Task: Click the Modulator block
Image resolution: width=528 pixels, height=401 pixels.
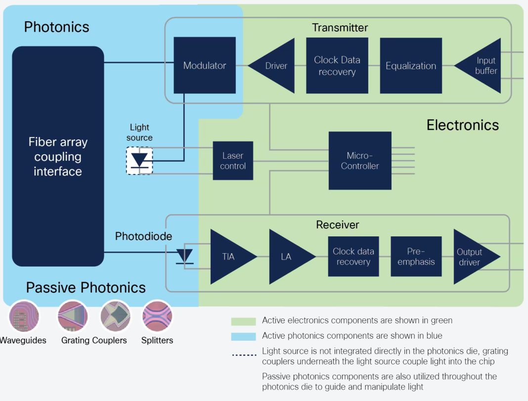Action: coord(204,65)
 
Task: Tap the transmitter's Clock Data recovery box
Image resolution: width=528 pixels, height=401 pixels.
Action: coord(337,66)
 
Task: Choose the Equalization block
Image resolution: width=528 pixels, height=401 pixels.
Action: coord(411,66)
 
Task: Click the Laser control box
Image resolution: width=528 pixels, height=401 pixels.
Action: coord(233,161)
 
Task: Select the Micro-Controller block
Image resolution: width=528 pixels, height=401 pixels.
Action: coord(359,161)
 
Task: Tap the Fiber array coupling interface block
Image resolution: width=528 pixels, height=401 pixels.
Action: coord(58,156)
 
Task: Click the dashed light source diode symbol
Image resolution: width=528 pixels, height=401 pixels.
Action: coord(139,160)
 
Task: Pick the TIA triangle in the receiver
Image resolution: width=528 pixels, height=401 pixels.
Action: coord(230,257)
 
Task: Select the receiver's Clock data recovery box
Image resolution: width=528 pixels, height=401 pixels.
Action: coord(353,257)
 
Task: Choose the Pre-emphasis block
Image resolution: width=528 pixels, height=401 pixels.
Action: coord(416,257)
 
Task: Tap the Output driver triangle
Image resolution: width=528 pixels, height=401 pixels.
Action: coord(473,257)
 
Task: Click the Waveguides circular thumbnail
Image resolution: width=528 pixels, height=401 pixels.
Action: coord(23,316)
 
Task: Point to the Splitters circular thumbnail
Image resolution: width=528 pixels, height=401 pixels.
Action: coord(157,316)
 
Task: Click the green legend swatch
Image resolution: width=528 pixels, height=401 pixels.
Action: coord(243,321)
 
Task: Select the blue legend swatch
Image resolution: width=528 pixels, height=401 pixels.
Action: coord(243,337)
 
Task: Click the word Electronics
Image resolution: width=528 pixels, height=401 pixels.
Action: coord(462,125)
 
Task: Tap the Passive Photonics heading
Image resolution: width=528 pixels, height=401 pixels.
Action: coord(86,288)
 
